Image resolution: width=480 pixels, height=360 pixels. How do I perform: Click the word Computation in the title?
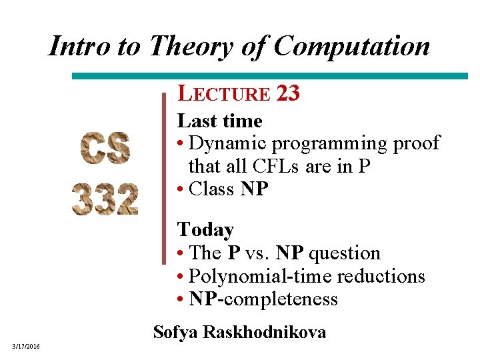(353, 46)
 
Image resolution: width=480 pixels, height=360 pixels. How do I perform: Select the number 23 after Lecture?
(287, 94)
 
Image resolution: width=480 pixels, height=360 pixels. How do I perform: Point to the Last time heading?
(219, 121)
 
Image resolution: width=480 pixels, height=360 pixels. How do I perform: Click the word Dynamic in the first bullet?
(227, 143)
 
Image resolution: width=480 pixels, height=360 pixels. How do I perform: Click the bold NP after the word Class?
(254, 189)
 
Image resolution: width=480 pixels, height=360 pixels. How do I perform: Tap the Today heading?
(205, 230)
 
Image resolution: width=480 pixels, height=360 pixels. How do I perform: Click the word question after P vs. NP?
(346, 253)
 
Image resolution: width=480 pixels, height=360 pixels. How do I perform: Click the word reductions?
(381, 276)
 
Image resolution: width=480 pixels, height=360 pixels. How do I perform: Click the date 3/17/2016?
(25, 345)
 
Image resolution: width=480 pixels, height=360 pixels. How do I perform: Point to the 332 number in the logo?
(105, 198)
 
